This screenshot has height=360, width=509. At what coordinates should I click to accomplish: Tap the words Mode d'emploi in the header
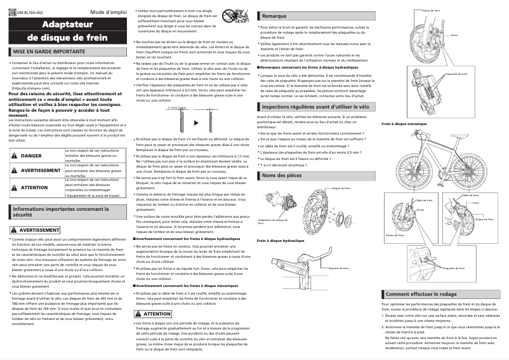coord(107,13)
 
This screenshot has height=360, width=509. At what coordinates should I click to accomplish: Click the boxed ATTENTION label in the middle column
coord(157,314)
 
